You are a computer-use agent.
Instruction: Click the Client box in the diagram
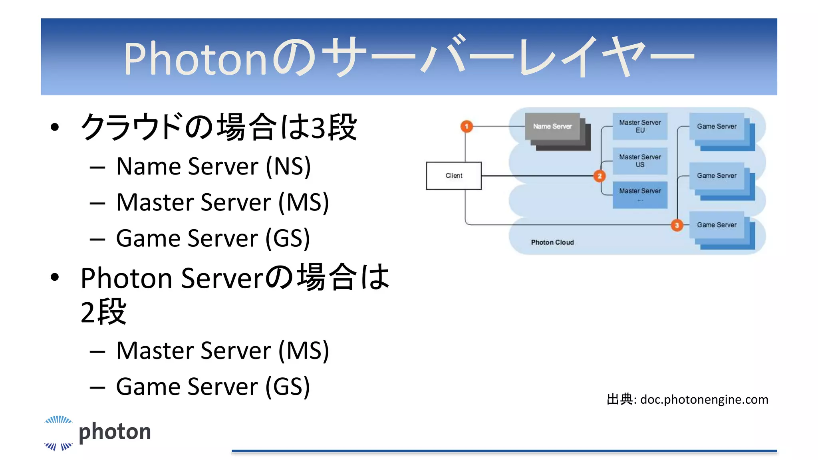454,176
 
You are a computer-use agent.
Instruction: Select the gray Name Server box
552,127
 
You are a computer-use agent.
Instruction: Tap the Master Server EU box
640,126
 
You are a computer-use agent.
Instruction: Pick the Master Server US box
640,161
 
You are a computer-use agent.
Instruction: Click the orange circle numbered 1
467,127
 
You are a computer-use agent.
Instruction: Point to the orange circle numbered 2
599,176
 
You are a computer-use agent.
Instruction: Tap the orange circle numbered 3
677,225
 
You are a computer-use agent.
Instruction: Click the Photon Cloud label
552,242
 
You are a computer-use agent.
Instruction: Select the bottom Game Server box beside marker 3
717,225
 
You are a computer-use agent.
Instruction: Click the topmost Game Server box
717,127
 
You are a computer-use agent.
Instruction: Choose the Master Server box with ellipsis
640,195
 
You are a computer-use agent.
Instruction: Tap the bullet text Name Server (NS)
213,166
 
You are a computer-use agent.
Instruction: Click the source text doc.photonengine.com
704,400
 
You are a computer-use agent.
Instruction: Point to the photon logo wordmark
115,432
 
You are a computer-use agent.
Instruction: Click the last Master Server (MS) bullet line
222,351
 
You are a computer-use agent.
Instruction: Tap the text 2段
103,312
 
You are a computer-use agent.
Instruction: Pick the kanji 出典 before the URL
619,399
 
